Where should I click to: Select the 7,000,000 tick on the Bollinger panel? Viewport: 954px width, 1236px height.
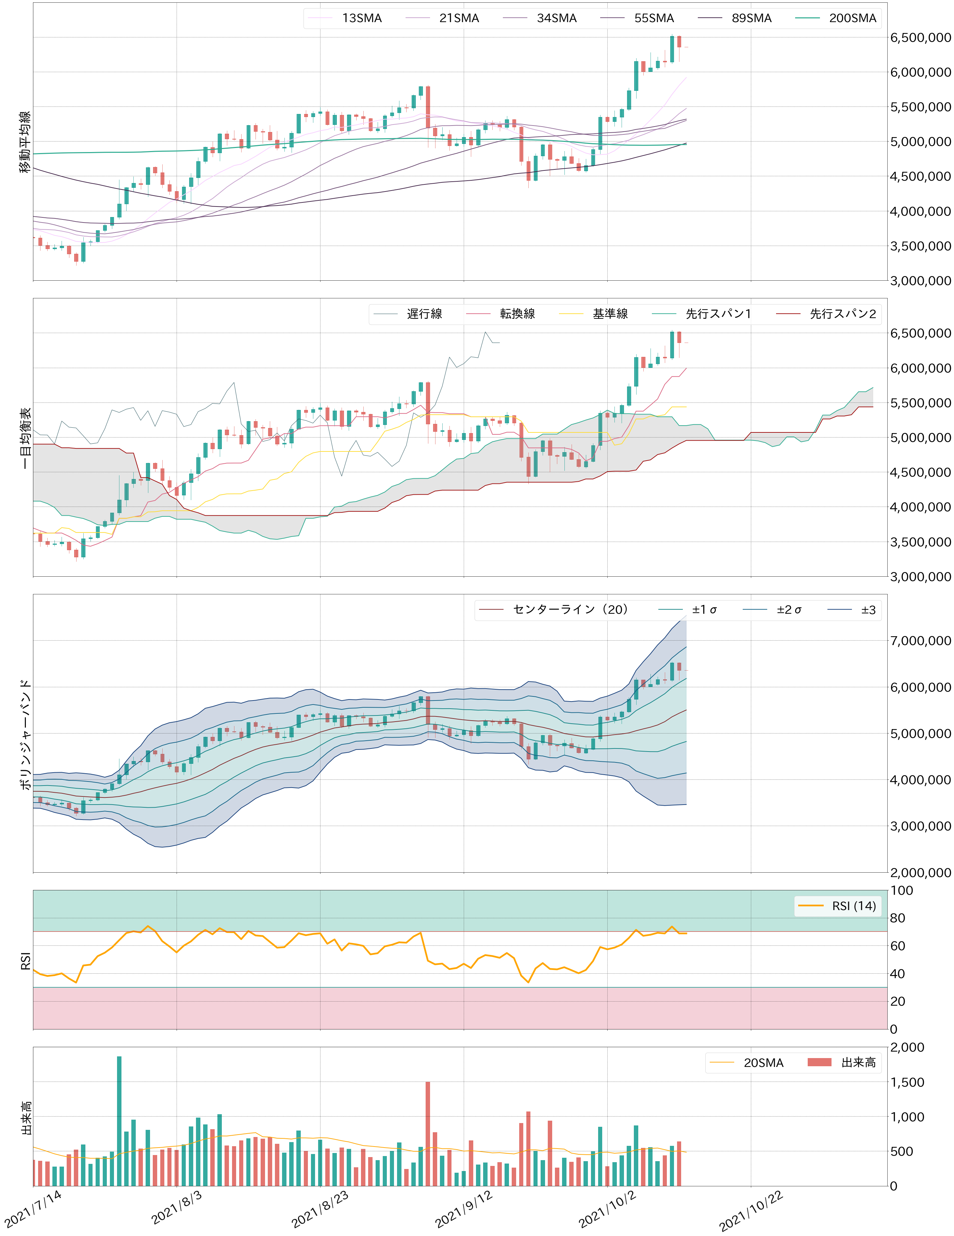[x=920, y=641]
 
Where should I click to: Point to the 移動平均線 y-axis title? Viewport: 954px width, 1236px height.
[x=26, y=142]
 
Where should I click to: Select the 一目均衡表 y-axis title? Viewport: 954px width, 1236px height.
[x=26, y=438]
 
